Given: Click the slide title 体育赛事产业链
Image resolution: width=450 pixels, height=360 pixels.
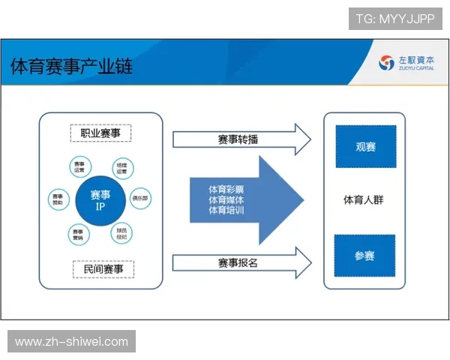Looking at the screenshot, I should click(x=71, y=67).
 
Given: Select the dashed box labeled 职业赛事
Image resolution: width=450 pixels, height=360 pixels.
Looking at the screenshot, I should click(x=101, y=133).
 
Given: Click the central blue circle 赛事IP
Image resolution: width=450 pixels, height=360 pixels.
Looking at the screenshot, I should click(x=100, y=199).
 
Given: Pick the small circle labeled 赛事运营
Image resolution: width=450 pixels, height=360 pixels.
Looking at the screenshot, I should click(x=79, y=166).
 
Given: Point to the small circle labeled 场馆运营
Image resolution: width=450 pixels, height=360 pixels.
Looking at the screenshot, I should click(x=121, y=166).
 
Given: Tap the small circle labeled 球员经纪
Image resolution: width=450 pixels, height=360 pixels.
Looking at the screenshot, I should click(x=121, y=233).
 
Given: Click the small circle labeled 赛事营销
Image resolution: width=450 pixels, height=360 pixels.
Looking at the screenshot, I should click(x=79, y=234).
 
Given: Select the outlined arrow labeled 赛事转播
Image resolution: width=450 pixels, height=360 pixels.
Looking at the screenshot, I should click(x=240, y=139).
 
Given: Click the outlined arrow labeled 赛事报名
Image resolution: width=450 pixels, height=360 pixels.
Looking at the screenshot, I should click(x=240, y=262).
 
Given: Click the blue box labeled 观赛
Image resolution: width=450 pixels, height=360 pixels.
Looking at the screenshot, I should click(x=365, y=146).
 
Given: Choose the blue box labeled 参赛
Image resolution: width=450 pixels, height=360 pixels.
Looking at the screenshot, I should click(x=365, y=256).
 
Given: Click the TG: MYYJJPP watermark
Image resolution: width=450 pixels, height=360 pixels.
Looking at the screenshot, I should click(x=395, y=19).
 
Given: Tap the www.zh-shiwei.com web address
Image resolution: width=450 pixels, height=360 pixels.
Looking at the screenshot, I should click(x=71, y=342).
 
